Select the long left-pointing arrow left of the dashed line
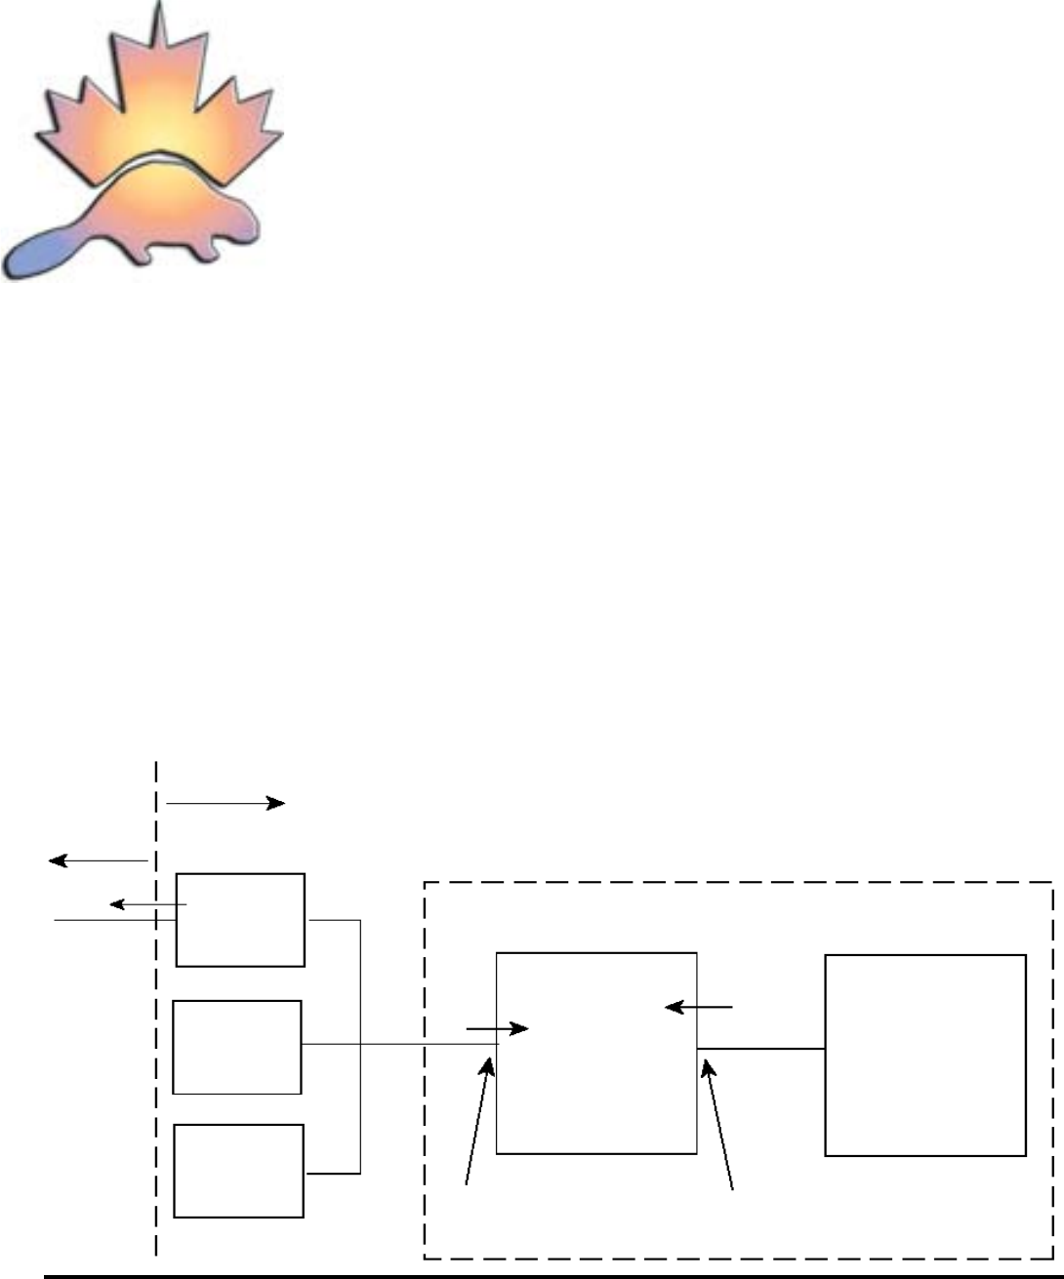coord(98,859)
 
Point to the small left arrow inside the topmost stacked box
coord(147,905)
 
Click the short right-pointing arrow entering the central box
coord(498,1028)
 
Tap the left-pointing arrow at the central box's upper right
coord(698,1007)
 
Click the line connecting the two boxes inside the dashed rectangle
coord(761,1049)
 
